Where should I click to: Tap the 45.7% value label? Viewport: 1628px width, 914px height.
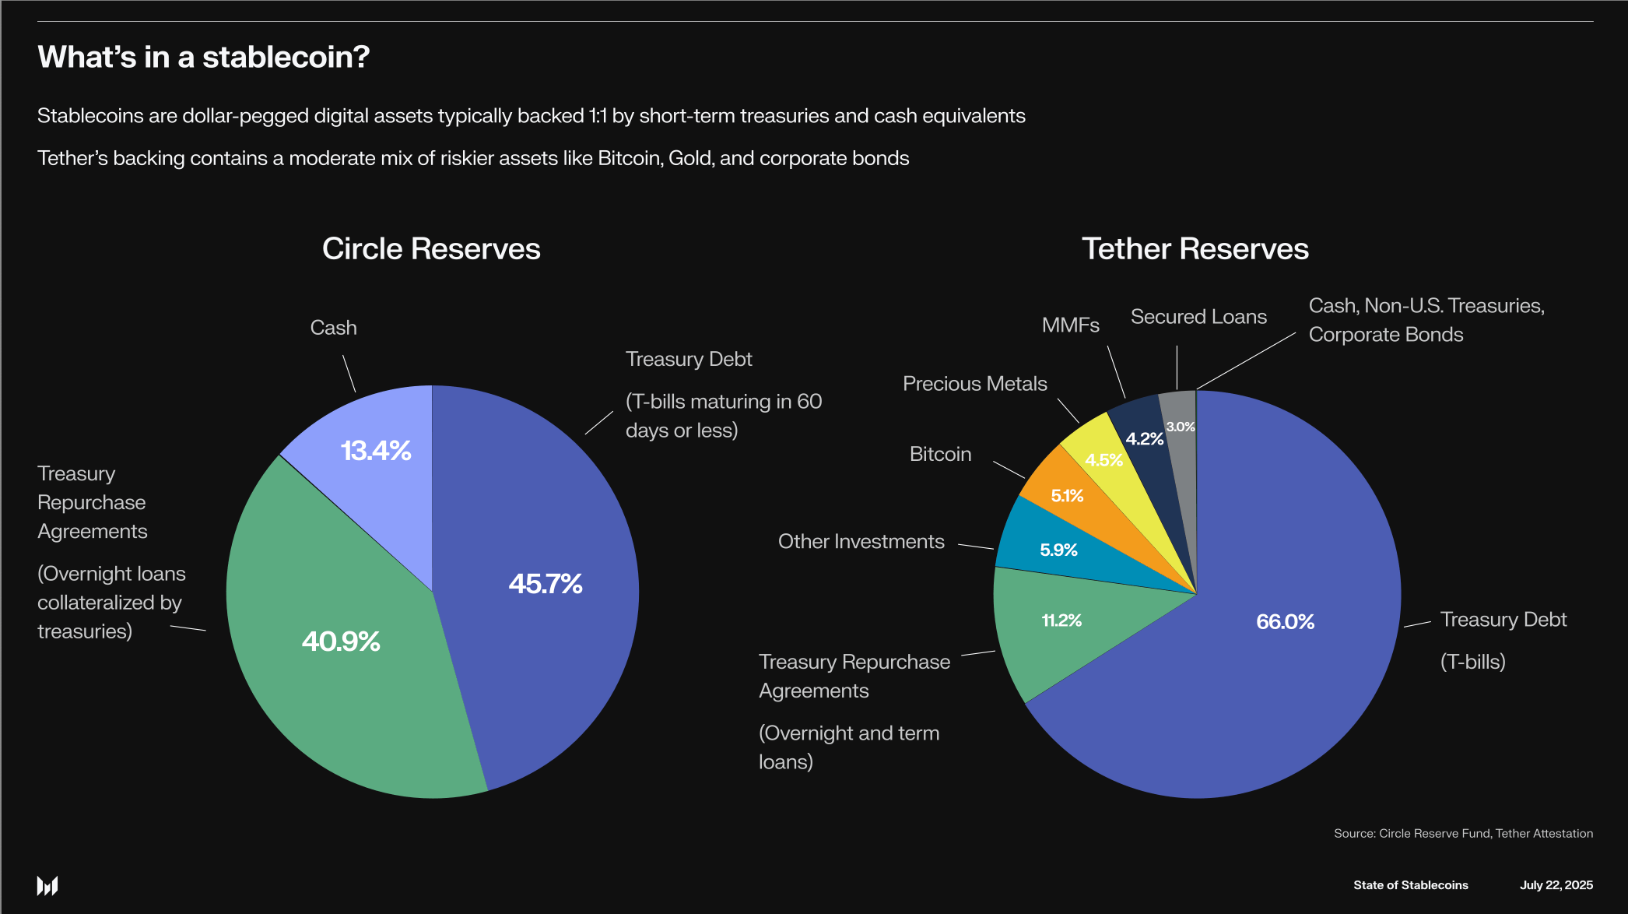pos(546,583)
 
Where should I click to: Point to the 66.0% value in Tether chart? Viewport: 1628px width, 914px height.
pos(1285,621)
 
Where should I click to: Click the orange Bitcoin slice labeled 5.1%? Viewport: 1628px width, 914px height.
pos(1067,495)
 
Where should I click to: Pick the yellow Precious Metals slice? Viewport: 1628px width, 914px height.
pos(1103,459)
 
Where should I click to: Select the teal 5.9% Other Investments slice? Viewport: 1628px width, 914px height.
pos(1058,550)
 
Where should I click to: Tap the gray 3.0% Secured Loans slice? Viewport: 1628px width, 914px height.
pos(1180,426)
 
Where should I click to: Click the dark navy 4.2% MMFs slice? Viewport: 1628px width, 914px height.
pos(1144,438)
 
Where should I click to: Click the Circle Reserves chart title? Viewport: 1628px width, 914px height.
pos(431,248)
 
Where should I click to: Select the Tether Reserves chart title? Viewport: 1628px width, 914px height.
pos(1195,248)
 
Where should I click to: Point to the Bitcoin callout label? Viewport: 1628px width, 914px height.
pos(940,454)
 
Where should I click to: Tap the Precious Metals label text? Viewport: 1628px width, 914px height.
pos(974,384)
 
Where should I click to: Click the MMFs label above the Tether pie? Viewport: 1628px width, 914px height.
pos(1070,325)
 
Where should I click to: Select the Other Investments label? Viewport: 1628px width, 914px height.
pos(861,541)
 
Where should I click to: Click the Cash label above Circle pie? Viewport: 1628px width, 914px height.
pos(333,328)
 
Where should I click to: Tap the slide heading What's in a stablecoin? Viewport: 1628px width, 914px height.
pos(204,57)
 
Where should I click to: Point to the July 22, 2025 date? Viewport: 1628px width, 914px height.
pos(1556,885)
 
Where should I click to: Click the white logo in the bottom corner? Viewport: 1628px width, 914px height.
pos(47,886)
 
